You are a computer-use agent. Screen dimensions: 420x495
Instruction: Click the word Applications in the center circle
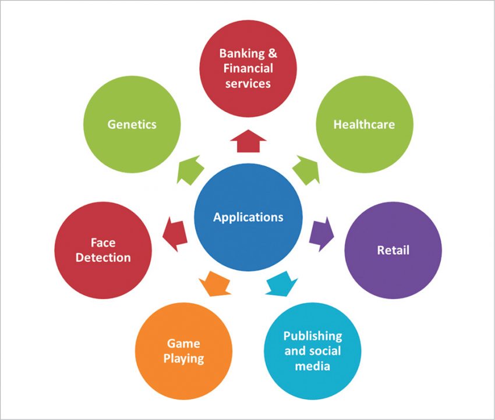tap(248, 218)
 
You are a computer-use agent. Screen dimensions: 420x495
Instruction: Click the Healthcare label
tap(364, 124)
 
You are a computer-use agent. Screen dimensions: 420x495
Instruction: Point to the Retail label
tap(393, 250)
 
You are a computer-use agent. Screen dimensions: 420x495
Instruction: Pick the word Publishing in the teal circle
tap(313, 336)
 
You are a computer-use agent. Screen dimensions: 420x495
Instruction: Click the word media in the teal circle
tap(313, 366)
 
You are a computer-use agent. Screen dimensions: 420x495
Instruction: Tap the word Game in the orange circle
tap(183, 343)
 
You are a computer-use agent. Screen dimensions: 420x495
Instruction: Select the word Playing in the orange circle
tap(183, 358)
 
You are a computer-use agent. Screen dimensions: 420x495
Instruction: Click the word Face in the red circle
tap(103, 242)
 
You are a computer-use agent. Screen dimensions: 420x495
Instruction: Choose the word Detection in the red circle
tap(103, 257)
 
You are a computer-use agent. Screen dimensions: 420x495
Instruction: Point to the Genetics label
tap(132, 124)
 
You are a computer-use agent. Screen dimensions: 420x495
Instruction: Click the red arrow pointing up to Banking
tap(248, 141)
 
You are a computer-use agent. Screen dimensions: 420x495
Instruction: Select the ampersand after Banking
tap(271, 54)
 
